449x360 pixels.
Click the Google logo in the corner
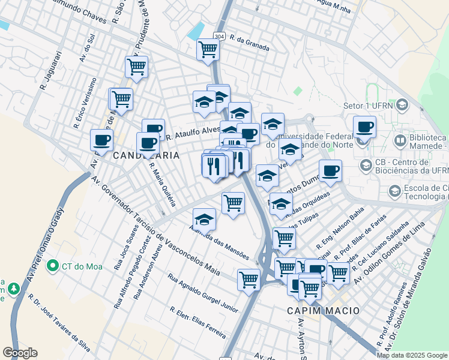[x=20, y=353]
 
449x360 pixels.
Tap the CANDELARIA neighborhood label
[x=146, y=155]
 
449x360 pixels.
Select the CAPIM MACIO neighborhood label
[x=323, y=311]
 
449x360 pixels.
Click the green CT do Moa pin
[x=52, y=265]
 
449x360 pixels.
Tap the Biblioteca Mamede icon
[x=400, y=141]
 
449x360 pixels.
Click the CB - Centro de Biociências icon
[x=364, y=165]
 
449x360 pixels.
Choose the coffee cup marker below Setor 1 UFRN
[x=364, y=127]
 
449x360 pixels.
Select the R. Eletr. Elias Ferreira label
[x=197, y=322]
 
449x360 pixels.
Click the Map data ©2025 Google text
[x=411, y=355]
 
